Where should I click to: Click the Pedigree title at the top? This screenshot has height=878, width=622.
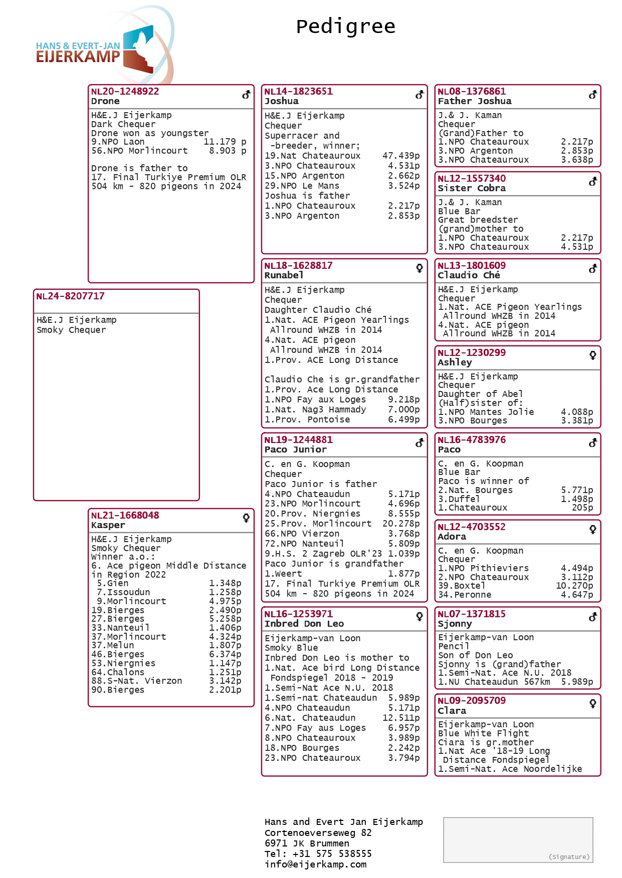click(x=345, y=27)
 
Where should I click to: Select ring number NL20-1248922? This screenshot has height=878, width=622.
click(x=125, y=92)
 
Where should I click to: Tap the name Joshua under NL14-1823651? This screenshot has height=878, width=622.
click(x=281, y=101)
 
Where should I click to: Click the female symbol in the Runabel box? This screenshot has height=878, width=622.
click(x=420, y=268)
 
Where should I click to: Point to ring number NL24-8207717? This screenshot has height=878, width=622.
click(x=70, y=296)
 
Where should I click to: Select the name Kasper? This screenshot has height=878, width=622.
click(x=108, y=525)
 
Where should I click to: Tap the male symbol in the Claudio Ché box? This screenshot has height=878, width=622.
click(x=593, y=268)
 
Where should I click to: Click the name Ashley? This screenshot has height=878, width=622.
click(x=455, y=362)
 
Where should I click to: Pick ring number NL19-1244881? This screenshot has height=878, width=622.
click(x=298, y=440)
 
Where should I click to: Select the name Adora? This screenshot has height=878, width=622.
click(x=452, y=537)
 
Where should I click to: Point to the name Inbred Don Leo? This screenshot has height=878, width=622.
click(x=304, y=624)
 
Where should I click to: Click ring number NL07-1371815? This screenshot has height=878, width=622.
click(x=471, y=614)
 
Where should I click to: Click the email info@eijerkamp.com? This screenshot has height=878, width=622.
click(x=315, y=864)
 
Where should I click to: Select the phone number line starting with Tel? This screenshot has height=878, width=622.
click(x=318, y=854)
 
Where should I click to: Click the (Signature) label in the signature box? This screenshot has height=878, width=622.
click(x=569, y=857)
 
